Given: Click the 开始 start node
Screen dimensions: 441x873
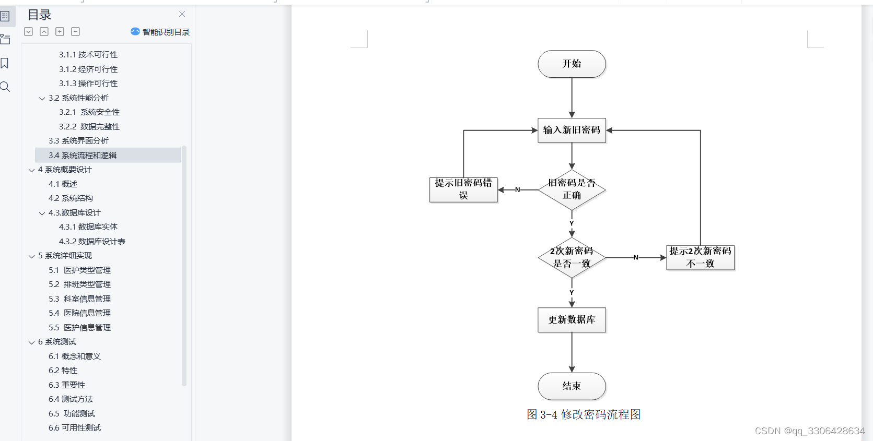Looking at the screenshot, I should click(572, 64).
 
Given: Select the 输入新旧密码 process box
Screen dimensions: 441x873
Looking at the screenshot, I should click(572, 130).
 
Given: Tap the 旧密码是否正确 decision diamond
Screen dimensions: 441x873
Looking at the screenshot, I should click(572, 189).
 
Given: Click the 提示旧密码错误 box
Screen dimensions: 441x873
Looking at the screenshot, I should click(463, 189).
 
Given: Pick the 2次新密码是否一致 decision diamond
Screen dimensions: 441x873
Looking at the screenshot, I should click(572, 257).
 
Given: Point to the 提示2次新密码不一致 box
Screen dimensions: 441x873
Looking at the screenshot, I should click(700, 257).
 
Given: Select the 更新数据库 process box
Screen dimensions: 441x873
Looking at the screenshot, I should click(572, 319).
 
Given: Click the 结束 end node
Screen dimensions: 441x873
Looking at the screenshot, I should click(572, 386).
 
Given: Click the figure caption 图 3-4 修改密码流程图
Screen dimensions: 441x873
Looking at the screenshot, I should click(584, 414).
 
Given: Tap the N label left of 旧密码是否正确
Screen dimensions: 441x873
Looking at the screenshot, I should click(518, 189).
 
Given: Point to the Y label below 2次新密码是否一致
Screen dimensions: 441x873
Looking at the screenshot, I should click(572, 293).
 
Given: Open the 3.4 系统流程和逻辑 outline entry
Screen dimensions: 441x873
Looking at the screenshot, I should click(83, 155).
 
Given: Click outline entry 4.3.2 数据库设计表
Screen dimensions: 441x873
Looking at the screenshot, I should click(92, 241).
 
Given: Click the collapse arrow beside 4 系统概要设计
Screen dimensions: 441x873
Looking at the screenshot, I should click(31, 170).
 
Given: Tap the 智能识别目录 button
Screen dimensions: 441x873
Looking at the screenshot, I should click(160, 32).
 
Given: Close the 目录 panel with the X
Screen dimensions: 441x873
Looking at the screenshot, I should click(182, 14).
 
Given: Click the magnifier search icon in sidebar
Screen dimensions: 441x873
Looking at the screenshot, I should click(5, 87).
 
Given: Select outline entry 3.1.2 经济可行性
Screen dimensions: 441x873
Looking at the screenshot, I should click(88, 69).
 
